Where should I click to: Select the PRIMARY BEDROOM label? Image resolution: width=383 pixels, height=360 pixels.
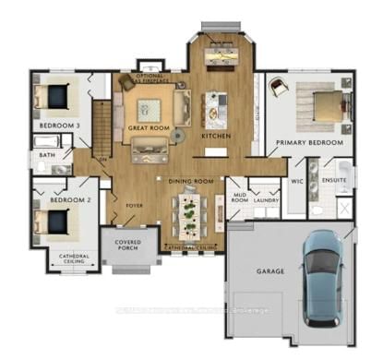tap(309, 143)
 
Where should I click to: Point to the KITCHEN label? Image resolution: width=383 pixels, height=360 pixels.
tap(216, 138)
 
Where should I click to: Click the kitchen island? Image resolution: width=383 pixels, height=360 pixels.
tap(218, 107)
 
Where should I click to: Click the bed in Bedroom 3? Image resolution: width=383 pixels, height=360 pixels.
tap(55, 97)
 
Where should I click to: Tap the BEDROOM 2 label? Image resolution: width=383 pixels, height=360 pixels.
tap(57, 199)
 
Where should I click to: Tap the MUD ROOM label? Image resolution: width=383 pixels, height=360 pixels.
tap(238, 198)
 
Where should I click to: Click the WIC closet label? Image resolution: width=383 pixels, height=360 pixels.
tap(297, 182)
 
